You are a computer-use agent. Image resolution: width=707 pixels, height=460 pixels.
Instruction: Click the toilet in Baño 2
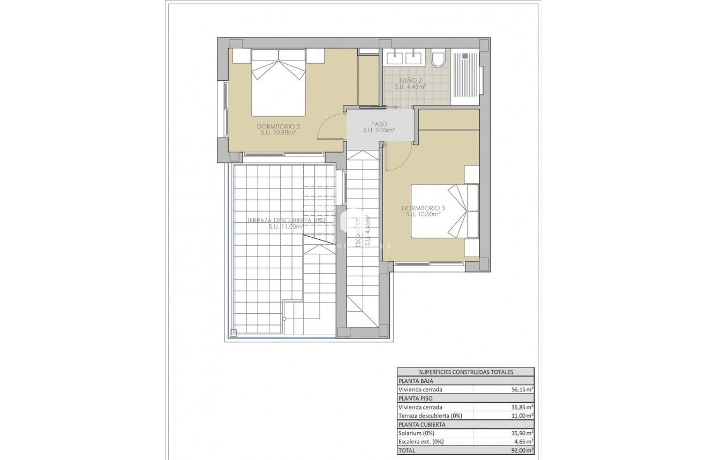coord(438,58)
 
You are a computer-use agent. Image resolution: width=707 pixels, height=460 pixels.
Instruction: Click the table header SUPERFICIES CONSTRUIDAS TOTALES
coord(465,372)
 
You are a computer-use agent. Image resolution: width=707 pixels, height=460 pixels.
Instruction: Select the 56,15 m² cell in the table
coord(522,390)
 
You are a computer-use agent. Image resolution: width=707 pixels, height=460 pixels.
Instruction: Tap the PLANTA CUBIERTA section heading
coord(422,424)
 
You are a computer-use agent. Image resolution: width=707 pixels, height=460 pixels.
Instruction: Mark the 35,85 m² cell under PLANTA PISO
coord(522,407)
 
